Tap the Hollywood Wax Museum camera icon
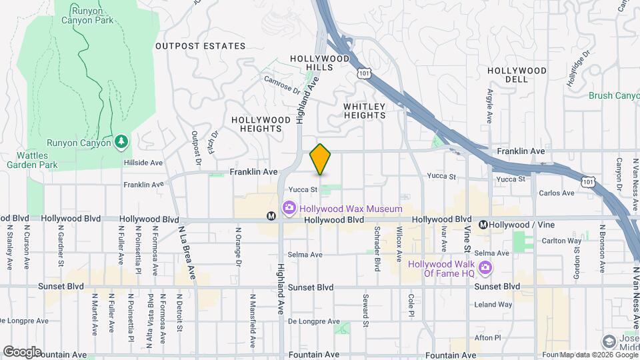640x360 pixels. (289, 209)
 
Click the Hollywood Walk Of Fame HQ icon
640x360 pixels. (485, 268)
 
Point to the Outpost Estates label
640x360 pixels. (200, 46)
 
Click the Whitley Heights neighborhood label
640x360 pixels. (365, 111)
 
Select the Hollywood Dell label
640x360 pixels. (517, 75)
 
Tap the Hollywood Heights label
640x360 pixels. (261, 125)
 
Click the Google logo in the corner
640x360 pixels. (22, 351)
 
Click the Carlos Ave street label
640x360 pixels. (557, 193)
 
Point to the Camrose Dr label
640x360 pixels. (282, 86)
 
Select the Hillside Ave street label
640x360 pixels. (143, 162)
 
